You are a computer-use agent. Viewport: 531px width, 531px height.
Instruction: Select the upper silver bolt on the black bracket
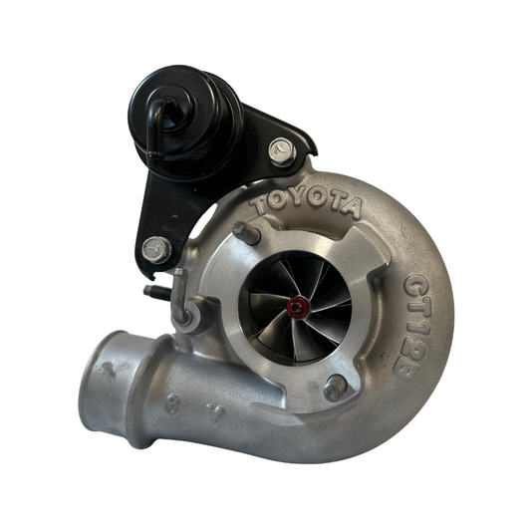pos(281,152)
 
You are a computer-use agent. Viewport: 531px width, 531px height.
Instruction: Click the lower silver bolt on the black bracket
pos(155,248)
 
